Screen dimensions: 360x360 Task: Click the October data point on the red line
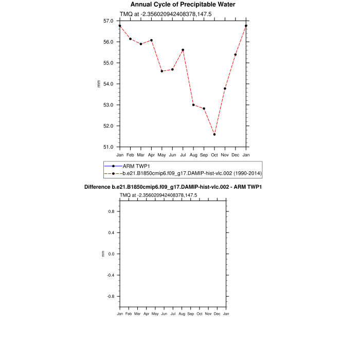(214, 134)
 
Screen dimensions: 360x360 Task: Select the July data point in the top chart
(183, 50)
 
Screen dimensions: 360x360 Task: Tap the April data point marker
(151, 40)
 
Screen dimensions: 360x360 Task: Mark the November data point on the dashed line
(225, 88)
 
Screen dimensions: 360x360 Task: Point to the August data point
(193, 105)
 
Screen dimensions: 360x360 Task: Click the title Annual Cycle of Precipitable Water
(179, 5)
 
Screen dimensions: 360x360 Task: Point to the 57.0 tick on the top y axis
(109, 21)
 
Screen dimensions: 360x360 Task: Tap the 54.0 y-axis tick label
(109, 84)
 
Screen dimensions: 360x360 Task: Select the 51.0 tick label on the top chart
(109, 147)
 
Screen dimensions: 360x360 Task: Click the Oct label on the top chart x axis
(214, 155)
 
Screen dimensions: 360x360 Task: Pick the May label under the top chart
(161, 155)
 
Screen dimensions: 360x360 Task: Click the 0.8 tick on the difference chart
(110, 211)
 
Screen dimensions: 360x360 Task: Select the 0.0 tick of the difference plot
(110, 254)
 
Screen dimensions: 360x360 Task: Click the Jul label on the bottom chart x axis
(173, 314)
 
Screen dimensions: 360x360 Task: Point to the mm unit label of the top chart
(99, 84)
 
